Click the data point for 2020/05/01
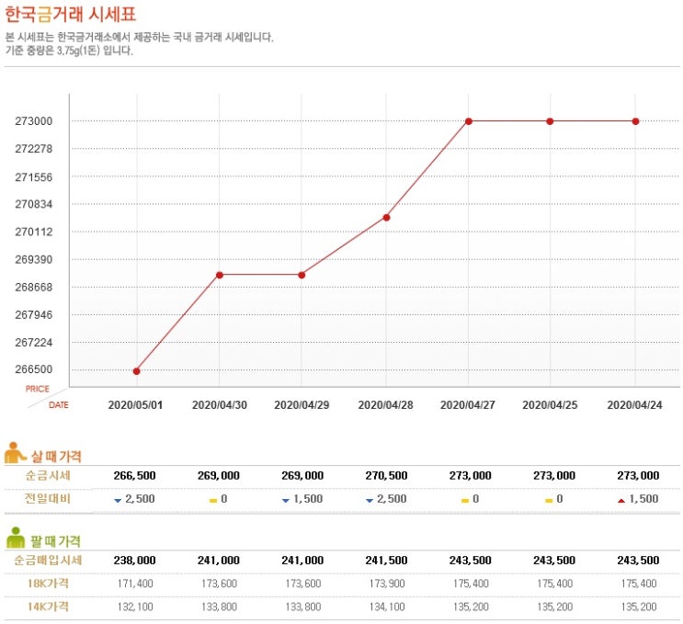click(136, 371)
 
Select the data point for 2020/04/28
click(386, 218)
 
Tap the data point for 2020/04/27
click(469, 121)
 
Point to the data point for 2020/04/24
click(636, 121)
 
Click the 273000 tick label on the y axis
click(33, 121)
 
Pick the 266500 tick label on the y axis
click(33, 370)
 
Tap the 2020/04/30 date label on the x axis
click(220, 404)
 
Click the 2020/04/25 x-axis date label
click(552, 404)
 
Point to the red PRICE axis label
click(38, 389)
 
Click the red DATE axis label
click(58, 404)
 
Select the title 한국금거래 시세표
click(70, 17)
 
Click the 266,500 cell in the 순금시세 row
click(134, 475)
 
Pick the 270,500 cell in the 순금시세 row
click(385, 475)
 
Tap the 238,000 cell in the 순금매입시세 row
click(134, 560)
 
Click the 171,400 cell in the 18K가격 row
click(135, 583)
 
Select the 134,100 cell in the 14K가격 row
click(385, 607)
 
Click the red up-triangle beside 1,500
click(621, 500)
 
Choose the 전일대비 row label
click(48, 498)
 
